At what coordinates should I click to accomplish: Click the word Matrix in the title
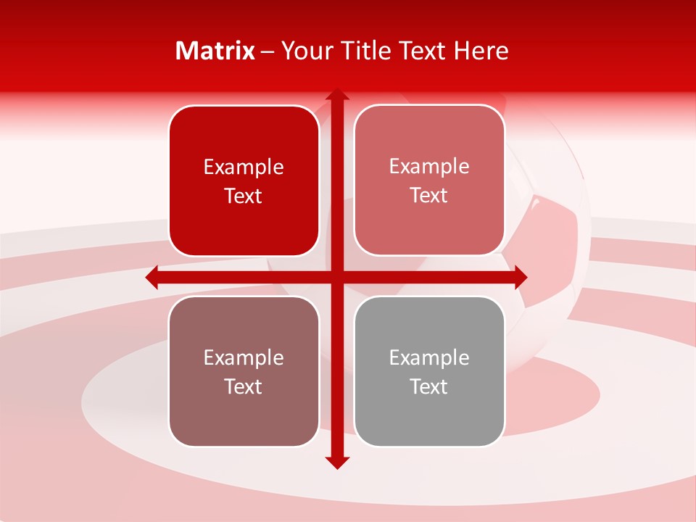pos(215,51)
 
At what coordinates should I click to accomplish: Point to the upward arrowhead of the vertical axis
pos(336,95)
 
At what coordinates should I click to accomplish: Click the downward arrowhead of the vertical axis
pos(336,462)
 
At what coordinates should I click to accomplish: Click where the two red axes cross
pos(336,277)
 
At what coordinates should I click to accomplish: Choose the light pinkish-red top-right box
pos(429,130)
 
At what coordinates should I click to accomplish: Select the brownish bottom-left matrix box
pos(244,420)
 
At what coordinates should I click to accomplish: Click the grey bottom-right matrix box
pos(429,420)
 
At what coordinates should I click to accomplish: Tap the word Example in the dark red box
pos(244,167)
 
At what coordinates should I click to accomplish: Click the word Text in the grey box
pos(429,386)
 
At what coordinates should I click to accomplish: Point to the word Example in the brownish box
pos(244,357)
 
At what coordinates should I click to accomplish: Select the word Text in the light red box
pos(429,196)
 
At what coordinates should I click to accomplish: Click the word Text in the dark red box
pos(244,196)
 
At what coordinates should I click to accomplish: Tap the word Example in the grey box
pos(429,357)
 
